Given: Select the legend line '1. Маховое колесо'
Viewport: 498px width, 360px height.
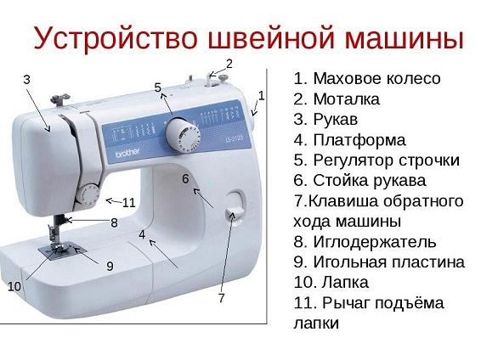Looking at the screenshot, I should (366, 79).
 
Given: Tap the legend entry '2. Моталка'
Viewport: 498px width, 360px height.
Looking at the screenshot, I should (337, 99).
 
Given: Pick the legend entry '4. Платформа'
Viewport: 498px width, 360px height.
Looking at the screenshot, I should (349, 140).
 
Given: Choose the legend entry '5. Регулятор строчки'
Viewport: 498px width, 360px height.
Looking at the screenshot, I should (376, 160).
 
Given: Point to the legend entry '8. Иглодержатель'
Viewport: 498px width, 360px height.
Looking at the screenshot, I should (365, 242).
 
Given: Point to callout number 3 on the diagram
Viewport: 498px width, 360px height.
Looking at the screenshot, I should (26, 79).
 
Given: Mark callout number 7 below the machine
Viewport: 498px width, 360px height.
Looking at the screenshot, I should (221, 298).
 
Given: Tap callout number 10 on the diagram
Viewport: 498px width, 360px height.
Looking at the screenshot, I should (14, 287).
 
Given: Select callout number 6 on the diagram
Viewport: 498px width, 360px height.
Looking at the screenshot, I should (185, 179).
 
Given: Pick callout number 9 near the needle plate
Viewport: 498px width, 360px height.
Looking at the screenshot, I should (110, 266).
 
